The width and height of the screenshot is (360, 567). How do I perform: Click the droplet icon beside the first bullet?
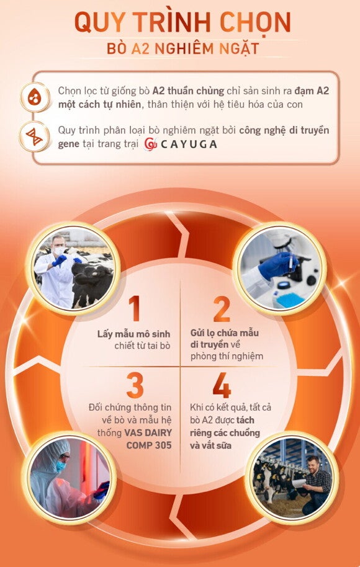(34, 97)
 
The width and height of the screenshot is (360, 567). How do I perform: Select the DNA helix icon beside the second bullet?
(34, 136)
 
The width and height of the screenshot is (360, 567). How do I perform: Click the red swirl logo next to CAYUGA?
(150, 144)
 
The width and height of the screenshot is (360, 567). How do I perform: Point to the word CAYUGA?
(189, 145)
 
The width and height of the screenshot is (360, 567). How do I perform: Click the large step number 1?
(134, 308)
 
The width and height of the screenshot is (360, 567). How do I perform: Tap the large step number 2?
(222, 308)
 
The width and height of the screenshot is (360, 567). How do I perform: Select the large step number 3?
(135, 385)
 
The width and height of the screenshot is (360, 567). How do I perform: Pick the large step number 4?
(222, 385)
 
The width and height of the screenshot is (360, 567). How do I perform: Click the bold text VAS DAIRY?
(148, 433)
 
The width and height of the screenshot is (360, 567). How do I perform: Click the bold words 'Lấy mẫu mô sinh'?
(133, 334)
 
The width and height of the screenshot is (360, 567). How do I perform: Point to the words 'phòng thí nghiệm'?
(227, 357)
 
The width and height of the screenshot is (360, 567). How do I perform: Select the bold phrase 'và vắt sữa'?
(205, 445)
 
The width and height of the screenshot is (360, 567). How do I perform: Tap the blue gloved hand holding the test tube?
(277, 267)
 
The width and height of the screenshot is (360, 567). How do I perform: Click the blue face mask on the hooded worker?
(61, 466)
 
